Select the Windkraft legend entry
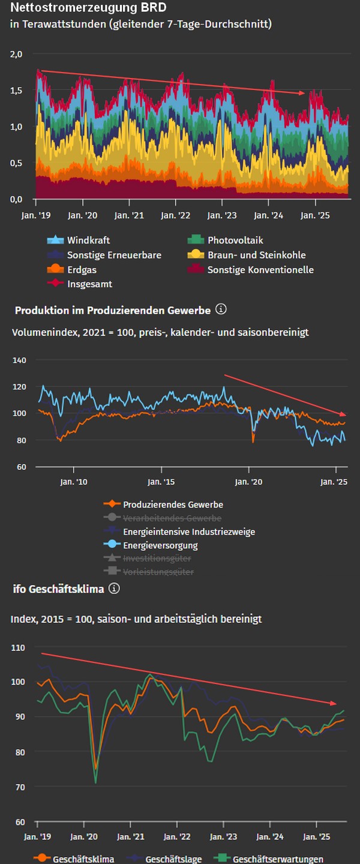coord(88,240)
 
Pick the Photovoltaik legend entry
coord(235,240)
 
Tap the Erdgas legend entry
coord(82,270)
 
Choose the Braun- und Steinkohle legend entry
coord(256,255)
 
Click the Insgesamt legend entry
coord(89,284)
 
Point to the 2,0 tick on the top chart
coord(16,54)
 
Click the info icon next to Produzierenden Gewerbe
coord(221,310)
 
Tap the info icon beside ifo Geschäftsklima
coord(114,589)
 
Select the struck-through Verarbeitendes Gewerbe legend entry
coord(172,518)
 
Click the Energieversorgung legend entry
coord(160,545)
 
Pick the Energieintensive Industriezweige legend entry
coord(188,532)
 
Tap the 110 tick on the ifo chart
coord(18,648)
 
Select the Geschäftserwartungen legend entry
coord(278,859)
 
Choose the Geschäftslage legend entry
coord(173,859)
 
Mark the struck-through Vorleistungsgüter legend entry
coord(158,572)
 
